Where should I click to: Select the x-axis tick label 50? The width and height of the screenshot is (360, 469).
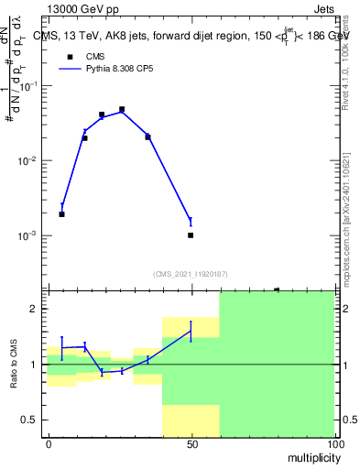coord(191,443)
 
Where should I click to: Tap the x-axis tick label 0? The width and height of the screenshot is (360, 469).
coord(49,443)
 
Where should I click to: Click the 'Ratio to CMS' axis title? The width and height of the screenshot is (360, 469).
coord(13,365)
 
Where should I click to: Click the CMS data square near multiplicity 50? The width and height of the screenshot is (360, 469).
coord(191,235)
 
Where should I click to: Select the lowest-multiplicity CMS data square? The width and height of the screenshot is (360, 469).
coord(61,214)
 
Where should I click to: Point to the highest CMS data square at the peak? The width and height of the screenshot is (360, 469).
coord(122,110)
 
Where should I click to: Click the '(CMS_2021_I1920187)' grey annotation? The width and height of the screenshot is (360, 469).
coord(190,274)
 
